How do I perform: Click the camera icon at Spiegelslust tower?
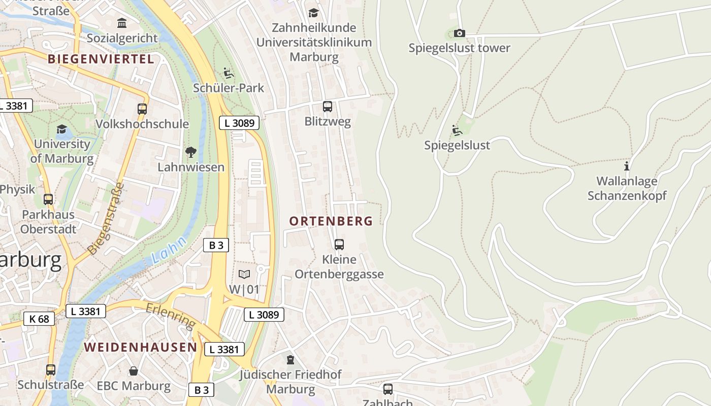point(459,33)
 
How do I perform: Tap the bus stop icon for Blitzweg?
point(328,107)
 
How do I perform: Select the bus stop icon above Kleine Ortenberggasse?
point(339,245)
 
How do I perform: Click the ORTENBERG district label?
point(331,221)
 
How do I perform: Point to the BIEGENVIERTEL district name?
point(101,59)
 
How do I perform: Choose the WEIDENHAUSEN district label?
point(140,347)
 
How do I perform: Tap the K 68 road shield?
point(39,319)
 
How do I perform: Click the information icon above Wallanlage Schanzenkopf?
point(627,166)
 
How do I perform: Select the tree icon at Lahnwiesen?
point(191,152)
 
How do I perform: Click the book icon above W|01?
point(244,274)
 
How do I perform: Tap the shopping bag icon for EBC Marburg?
point(133,371)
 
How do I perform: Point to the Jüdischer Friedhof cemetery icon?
point(290,360)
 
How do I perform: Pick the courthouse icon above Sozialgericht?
point(122,23)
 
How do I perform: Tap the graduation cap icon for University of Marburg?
point(61,129)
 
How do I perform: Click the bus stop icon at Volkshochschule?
point(142,109)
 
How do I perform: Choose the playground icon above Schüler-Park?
point(229,74)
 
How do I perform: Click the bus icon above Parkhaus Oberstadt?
point(48,199)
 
